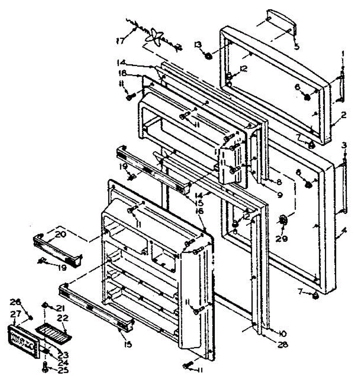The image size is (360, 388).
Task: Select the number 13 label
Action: pyautogui.click(x=198, y=45)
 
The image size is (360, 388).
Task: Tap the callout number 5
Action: pyautogui.click(x=296, y=47)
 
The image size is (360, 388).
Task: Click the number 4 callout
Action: pyautogui.click(x=344, y=231)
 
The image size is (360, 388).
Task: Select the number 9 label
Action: pyautogui.click(x=279, y=195)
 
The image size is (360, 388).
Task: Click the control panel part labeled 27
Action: pyautogui.click(x=23, y=342)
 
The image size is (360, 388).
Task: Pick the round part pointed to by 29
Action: pyautogui.click(x=283, y=221)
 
